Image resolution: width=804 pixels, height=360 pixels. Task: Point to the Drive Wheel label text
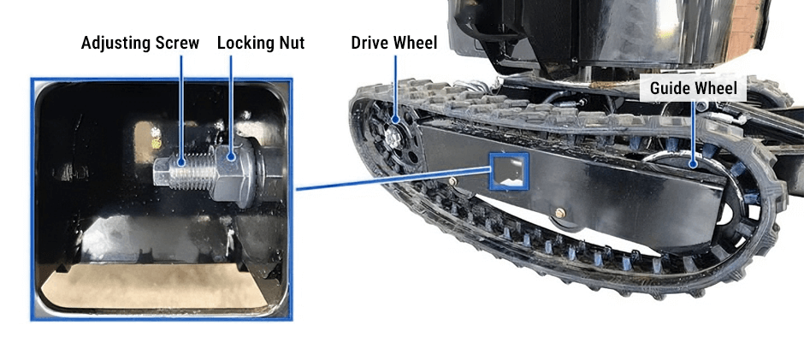tap(394, 43)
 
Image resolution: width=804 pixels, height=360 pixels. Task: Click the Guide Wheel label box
tap(693, 88)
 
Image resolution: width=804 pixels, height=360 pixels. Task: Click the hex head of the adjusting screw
tap(163, 173)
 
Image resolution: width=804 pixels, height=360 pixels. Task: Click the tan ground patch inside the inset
tap(154, 286)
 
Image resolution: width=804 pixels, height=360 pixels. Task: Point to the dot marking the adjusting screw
tap(181, 162)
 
